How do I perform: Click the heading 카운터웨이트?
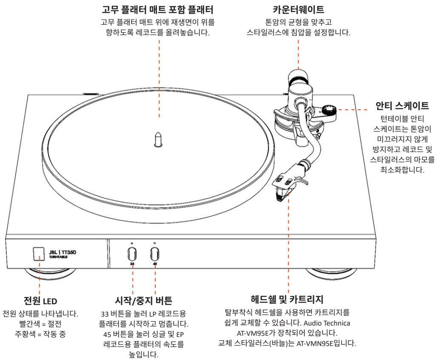[298, 9]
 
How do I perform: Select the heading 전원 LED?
[40, 302]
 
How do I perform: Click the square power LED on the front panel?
[39, 254]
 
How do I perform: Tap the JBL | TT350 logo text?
[62, 252]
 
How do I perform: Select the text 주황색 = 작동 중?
[40, 333]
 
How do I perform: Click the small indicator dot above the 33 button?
[132, 243]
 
